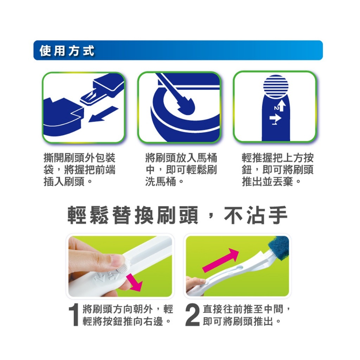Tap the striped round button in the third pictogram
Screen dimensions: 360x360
point(276,86)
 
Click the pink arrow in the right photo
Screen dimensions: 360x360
point(221,261)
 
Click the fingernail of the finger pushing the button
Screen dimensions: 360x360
point(118,261)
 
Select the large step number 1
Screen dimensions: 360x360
point(74,315)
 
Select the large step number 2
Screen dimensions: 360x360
point(192,315)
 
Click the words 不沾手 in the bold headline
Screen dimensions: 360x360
point(256,216)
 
